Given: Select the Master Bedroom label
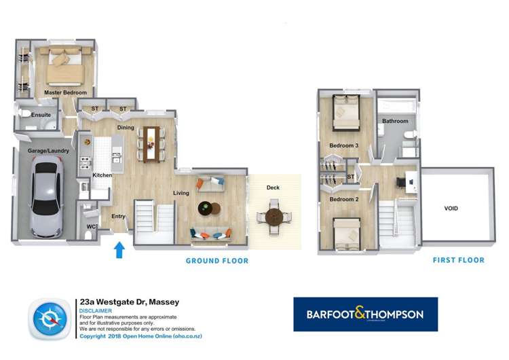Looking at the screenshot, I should pyautogui.click(x=66, y=92).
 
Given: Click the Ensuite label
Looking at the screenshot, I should pyautogui.click(x=41, y=115).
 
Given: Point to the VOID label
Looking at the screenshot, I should pyautogui.click(x=453, y=209).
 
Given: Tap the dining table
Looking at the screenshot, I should pyautogui.click(x=150, y=143).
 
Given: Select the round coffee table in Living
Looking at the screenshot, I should pyautogui.click(x=207, y=208).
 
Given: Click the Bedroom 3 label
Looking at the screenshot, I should pyautogui.click(x=343, y=145).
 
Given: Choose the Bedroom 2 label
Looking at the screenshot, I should pyautogui.click(x=343, y=200).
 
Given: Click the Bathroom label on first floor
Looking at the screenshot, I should pyautogui.click(x=395, y=121).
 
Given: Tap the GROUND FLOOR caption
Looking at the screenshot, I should pyautogui.click(x=217, y=261).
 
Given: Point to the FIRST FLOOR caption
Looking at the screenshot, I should pyautogui.click(x=459, y=260).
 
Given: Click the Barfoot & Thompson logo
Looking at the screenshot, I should pyautogui.click(x=365, y=314).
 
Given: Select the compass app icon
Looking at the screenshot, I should pyautogui.click(x=49, y=319).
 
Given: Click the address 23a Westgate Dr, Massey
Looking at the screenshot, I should pyautogui.click(x=129, y=302).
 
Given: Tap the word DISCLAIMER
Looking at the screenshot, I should pyautogui.click(x=96, y=310).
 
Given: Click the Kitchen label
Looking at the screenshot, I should pyautogui.click(x=102, y=175).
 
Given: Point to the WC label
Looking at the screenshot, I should pyautogui.click(x=91, y=226).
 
